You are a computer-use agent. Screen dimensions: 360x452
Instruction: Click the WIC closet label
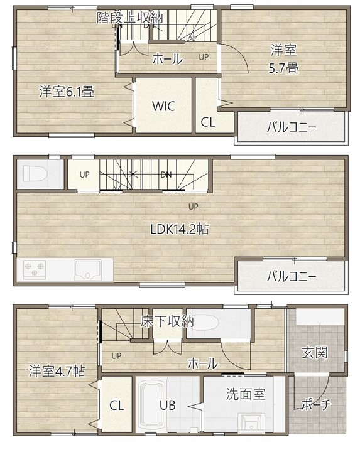tap(163, 106)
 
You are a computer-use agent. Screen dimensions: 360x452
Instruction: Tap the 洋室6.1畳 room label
tap(67, 92)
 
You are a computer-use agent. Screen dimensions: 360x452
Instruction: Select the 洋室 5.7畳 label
tap(283, 60)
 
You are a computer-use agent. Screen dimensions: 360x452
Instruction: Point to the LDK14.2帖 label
tap(180, 229)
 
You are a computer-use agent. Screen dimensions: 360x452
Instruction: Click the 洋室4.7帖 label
tap(57, 371)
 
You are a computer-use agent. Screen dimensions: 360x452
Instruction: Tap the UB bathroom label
tap(168, 406)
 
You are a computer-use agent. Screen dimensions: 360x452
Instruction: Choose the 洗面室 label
tap(246, 394)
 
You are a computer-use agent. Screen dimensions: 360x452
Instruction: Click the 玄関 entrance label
tap(315, 352)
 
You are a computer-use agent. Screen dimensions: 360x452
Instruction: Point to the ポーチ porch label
tap(316, 405)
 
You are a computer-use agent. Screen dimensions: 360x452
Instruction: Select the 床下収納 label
tap(167, 321)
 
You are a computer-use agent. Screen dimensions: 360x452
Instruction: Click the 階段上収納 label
tap(129, 18)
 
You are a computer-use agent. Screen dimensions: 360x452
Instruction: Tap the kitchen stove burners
tap(35, 269)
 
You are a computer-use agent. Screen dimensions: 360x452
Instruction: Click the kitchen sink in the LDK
tap(88, 269)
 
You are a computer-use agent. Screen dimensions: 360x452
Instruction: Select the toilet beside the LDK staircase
tap(35, 173)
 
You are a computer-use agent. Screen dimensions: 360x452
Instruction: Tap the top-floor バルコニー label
tap(292, 127)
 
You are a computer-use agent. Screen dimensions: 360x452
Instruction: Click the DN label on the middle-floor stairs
tap(166, 175)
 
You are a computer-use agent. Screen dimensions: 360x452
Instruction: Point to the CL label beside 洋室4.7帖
tap(116, 406)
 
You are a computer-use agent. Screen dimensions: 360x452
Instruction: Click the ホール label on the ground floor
tap(203, 363)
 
